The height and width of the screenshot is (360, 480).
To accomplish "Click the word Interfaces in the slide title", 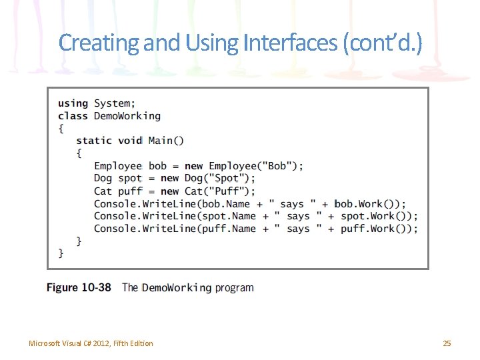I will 291,43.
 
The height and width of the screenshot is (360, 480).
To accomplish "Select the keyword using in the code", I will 73,103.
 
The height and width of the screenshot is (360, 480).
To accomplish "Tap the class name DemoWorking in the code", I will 127,115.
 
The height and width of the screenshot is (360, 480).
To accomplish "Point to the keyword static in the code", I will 94,140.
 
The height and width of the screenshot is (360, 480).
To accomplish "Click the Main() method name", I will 166,140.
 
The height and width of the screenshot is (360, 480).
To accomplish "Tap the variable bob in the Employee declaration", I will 157,165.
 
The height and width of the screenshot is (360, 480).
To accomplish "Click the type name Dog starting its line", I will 103,178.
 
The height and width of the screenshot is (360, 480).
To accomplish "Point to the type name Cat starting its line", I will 103,191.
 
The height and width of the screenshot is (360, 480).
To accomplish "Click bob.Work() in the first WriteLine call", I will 366,203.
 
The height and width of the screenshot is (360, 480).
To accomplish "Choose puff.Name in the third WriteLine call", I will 229,229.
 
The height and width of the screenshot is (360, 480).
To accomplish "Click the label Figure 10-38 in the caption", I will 79,287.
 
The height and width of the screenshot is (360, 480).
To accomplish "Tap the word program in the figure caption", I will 234,288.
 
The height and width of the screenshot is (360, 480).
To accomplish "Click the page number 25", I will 447,343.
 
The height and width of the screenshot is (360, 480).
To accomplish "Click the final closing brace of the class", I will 61,253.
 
